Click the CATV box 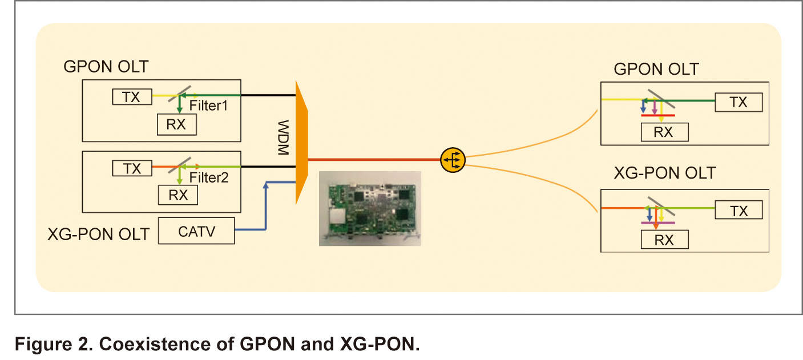point(196,230)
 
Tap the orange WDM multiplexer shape point(302,143)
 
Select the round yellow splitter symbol point(453,160)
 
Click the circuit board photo point(370,208)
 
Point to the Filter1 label point(208,106)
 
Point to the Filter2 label point(209,177)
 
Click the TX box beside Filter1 point(132,97)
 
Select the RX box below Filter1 point(177,124)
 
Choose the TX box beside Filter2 point(132,168)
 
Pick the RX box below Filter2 point(178,195)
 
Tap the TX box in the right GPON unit point(739,102)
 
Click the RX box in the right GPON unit point(665,132)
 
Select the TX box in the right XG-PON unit point(739,211)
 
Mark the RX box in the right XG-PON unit point(665,240)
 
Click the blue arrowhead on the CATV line point(265,185)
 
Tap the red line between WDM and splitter point(374,160)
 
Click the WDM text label point(283,137)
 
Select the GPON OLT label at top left point(106,67)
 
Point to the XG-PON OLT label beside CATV point(98,234)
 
